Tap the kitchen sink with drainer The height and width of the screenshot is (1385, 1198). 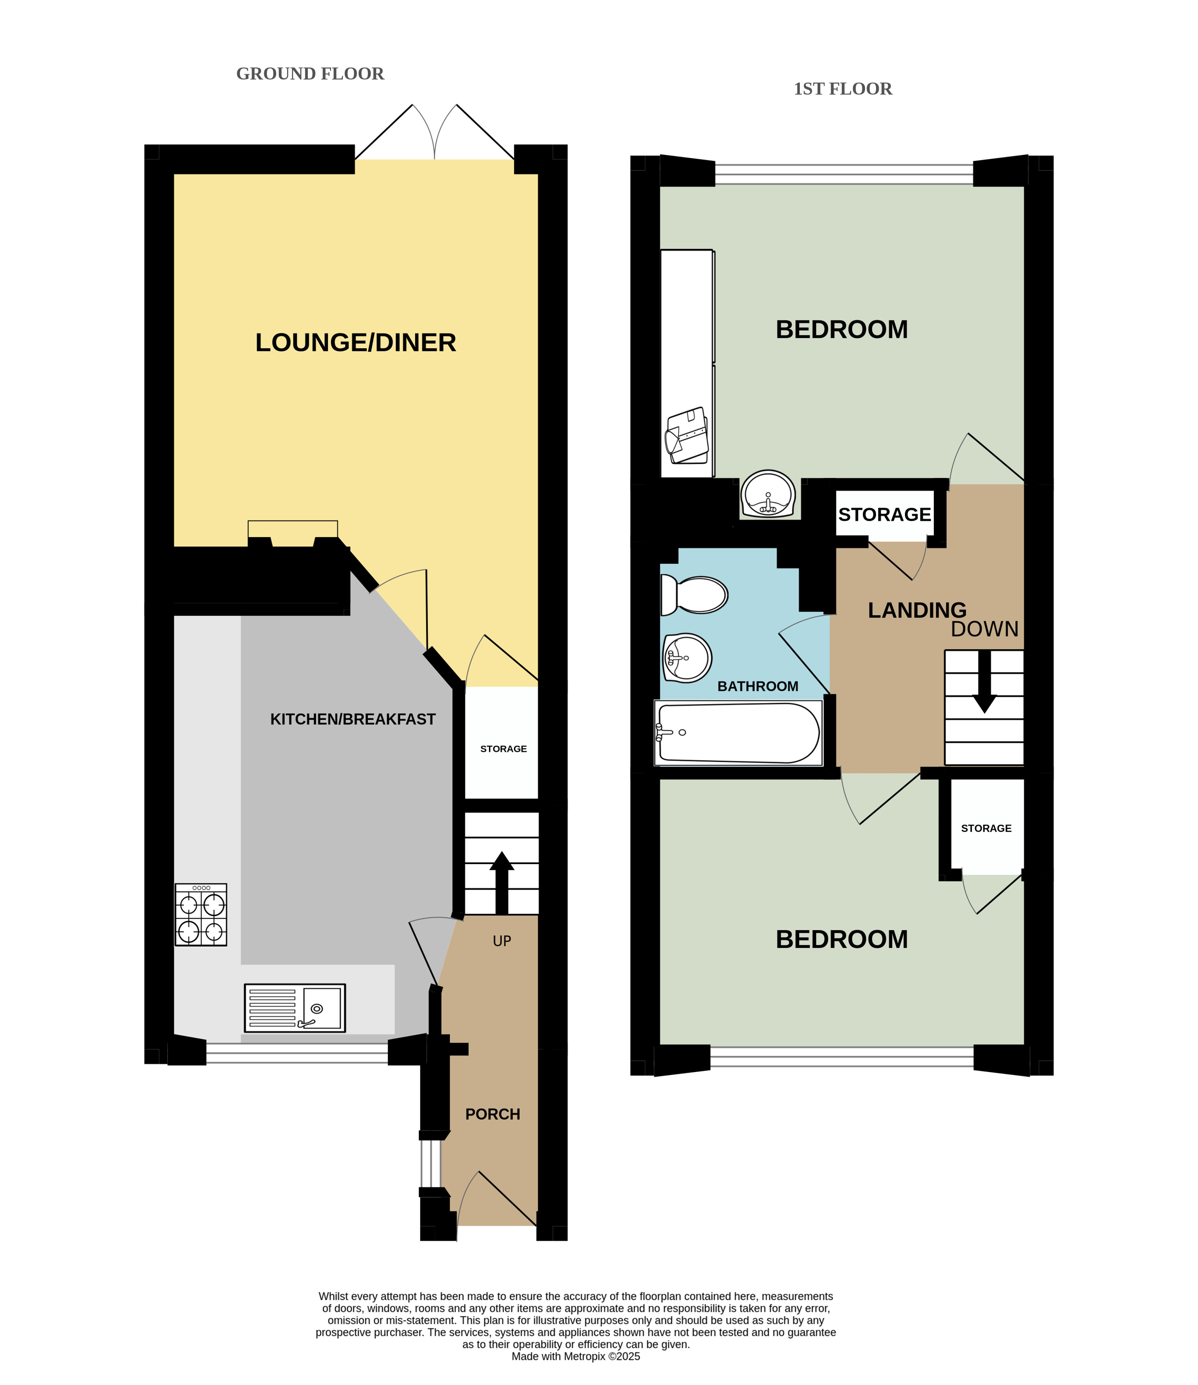295,1008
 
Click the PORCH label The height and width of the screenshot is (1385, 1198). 493,1114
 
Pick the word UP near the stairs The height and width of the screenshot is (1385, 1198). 502,941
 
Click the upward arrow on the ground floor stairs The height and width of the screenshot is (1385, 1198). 501,882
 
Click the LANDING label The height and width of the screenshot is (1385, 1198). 917,610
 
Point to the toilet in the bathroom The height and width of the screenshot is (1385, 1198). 694,594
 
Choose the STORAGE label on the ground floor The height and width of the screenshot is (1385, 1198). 503,749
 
